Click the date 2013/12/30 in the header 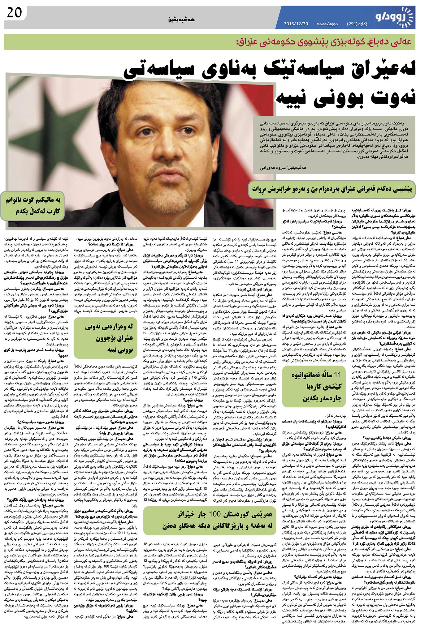tap(296, 24)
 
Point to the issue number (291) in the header tap(353, 24)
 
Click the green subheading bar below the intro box tap(331, 189)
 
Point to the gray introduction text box tap(334, 145)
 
